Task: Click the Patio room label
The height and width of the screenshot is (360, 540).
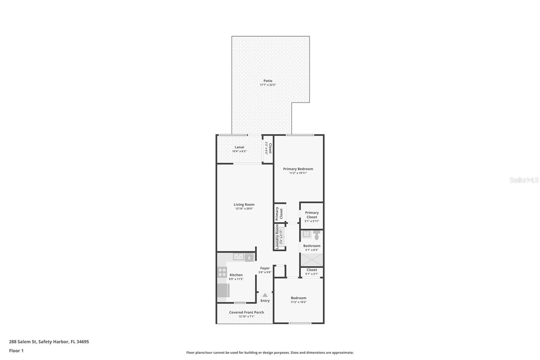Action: click(x=268, y=81)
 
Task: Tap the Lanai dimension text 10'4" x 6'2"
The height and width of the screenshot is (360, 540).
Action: click(x=239, y=151)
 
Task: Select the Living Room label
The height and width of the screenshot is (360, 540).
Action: click(x=244, y=204)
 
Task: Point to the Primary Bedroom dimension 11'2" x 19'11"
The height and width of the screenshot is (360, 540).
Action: click(x=298, y=173)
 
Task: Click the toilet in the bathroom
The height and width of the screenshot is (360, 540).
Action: click(x=316, y=235)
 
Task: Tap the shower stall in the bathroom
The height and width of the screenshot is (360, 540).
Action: click(x=312, y=260)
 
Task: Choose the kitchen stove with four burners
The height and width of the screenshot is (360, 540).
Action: click(x=222, y=272)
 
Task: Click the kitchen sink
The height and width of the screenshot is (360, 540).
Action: click(x=239, y=257)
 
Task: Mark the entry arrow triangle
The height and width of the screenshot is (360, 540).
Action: click(x=265, y=295)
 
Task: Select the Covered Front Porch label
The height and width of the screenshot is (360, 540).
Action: click(x=246, y=312)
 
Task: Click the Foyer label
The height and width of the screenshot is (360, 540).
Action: click(x=265, y=268)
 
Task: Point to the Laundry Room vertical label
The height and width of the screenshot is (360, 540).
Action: click(x=277, y=237)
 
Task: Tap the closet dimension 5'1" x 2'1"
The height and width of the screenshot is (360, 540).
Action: click(x=312, y=274)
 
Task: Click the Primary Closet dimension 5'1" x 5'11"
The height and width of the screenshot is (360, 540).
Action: click(x=312, y=221)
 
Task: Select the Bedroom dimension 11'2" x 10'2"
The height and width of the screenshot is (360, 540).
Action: click(x=298, y=302)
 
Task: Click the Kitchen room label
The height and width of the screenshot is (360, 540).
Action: click(x=236, y=275)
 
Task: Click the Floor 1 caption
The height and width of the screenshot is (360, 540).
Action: click(x=16, y=351)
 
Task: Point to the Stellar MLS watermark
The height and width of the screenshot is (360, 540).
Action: click(x=524, y=180)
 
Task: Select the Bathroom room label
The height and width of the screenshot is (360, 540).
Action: click(x=312, y=246)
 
